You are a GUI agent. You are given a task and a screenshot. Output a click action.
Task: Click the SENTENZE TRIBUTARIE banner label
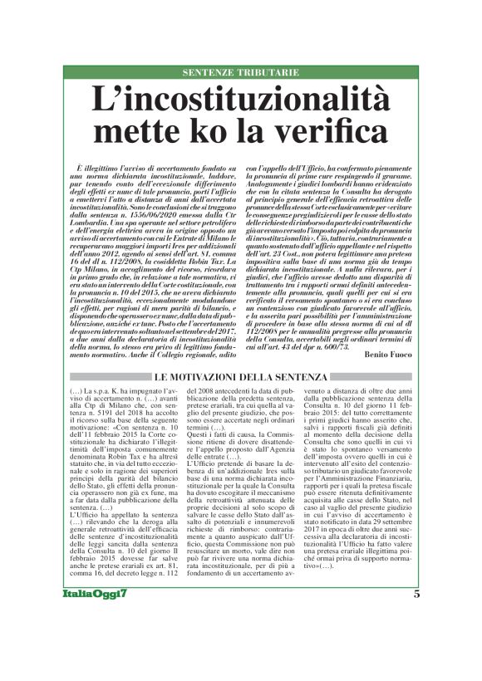pos(240,73)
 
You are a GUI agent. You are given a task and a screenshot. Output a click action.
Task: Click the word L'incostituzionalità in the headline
pos(240,100)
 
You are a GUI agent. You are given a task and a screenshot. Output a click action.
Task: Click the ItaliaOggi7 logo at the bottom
pos(95,618)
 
